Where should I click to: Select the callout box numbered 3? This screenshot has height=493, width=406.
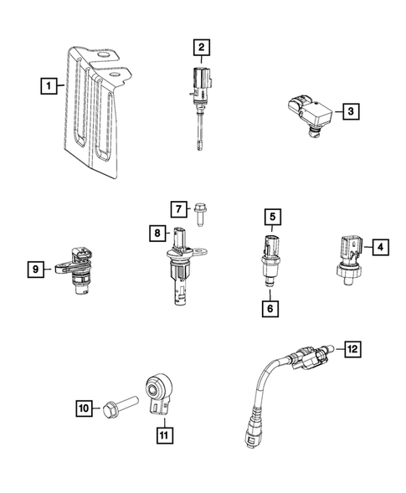pyautogui.click(x=351, y=110)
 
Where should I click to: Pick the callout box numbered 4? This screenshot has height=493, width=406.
pyautogui.click(x=379, y=247)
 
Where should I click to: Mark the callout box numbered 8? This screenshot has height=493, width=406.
pyautogui.click(x=157, y=234)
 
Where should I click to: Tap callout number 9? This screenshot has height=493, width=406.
pyautogui.click(x=35, y=270)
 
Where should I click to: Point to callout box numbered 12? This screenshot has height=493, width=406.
pyautogui.click(x=352, y=347)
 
